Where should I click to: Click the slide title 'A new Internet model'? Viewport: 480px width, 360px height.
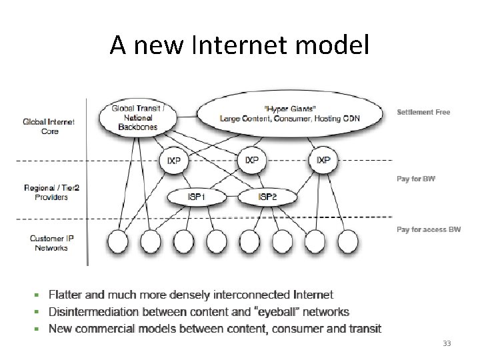point(239,45)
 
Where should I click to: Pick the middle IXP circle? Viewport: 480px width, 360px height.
point(251,160)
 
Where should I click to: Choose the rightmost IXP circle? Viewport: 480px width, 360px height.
point(323,160)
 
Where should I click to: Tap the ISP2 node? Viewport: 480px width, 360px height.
point(267,197)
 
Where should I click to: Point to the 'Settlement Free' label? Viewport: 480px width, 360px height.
point(423,112)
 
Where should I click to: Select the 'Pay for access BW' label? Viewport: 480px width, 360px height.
point(429,229)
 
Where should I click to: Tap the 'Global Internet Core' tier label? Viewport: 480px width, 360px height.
point(49,127)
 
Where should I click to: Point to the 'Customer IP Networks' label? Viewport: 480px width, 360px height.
point(49,243)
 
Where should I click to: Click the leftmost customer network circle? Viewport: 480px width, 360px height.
point(119,241)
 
